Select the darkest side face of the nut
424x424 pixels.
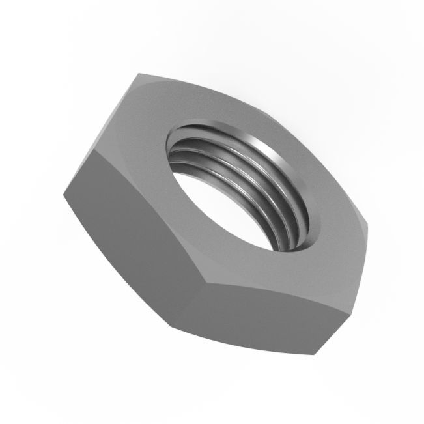click(130, 228)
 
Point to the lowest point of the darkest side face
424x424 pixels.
click(173, 325)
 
